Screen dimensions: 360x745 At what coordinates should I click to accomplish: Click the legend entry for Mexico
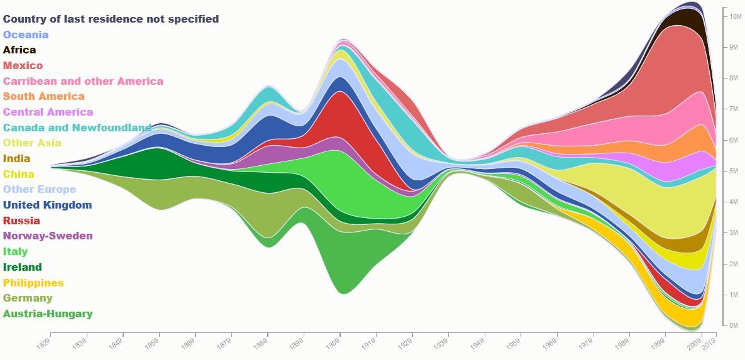23,65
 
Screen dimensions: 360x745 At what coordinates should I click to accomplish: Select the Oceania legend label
26,35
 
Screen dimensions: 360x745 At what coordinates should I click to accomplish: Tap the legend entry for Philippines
33,283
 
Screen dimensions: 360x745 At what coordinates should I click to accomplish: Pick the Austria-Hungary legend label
48,314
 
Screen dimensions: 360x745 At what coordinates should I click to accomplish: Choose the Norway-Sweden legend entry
48,236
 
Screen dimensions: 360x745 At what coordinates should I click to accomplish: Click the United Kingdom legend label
48,205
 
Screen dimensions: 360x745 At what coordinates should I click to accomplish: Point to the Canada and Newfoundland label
77,128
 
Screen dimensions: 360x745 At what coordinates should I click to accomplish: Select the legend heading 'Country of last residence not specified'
111,19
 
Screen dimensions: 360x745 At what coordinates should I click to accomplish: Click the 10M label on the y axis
736,16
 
